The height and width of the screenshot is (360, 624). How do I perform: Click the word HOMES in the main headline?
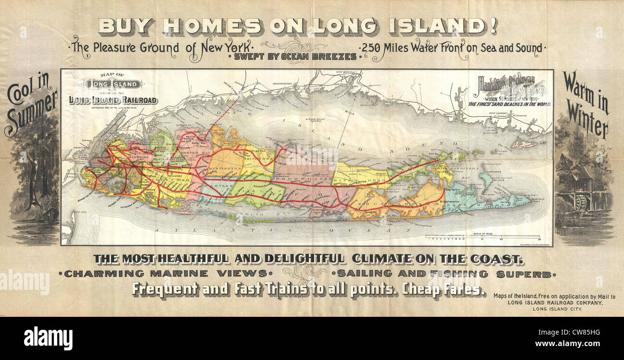pyautogui.click(x=212, y=26)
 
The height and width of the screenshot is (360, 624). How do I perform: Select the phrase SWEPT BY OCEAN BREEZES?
pyautogui.click(x=295, y=57)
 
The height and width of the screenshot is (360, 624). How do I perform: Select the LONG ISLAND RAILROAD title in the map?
pyautogui.click(x=113, y=100)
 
